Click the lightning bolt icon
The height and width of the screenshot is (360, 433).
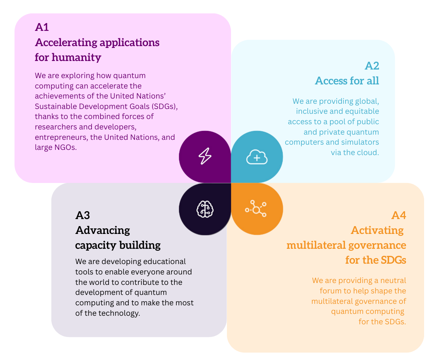[205, 156]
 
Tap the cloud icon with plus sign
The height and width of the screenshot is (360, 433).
[257, 157]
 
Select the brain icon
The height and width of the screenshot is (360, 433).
[205, 209]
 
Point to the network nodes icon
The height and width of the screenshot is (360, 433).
[256, 209]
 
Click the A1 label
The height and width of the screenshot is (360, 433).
[42, 27]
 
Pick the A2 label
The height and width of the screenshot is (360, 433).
[372, 66]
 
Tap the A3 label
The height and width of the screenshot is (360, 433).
[83, 215]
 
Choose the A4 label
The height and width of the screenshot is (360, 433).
[398, 215]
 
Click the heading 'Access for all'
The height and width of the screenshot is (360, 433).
[347, 81]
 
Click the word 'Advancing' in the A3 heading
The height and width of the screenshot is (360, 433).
[103, 230]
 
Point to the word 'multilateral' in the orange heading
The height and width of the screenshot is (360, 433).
[315, 245]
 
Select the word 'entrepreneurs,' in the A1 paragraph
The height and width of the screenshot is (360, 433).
[61, 137]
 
